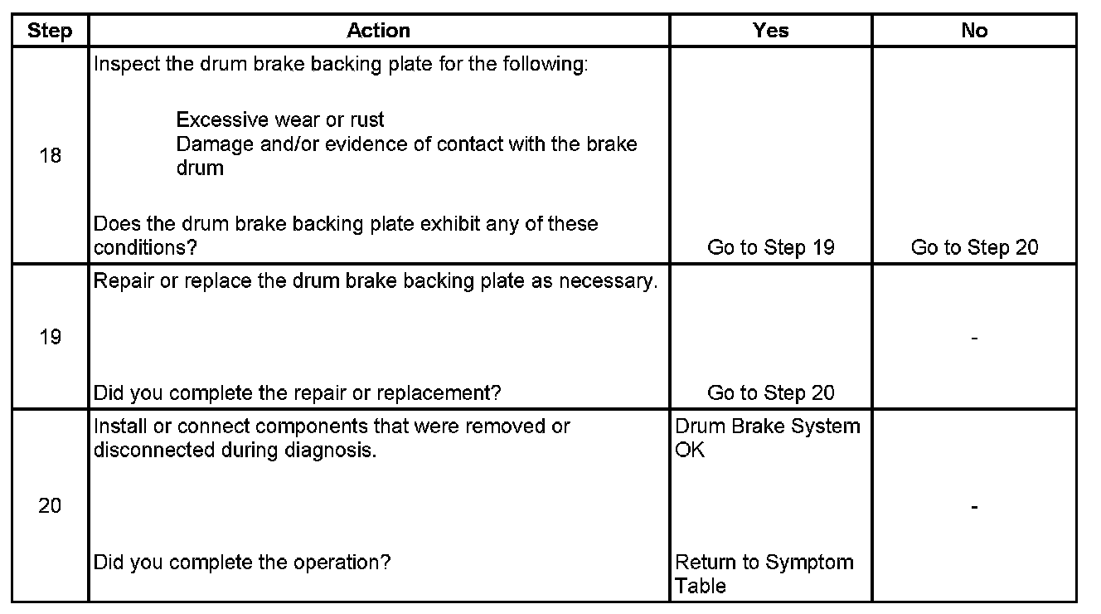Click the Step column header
(x=50, y=31)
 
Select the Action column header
(x=378, y=31)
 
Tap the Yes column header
(x=770, y=31)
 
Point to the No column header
(x=974, y=31)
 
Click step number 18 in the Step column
(x=50, y=155)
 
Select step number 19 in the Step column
(x=50, y=337)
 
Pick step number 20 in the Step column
(x=50, y=505)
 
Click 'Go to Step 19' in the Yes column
(x=770, y=247)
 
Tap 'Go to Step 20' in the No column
(x=974, y=247)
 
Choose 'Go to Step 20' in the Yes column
(x=770, y=392)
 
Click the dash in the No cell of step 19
(x=974, y=338)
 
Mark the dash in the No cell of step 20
(x=974, y=506)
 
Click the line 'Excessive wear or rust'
(x=280, y=120)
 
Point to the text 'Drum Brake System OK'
(x=767, y=438)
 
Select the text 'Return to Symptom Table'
(x=764, y=573)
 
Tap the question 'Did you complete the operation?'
(x=241, y=562)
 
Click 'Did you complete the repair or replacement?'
(x=298, y=392)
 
